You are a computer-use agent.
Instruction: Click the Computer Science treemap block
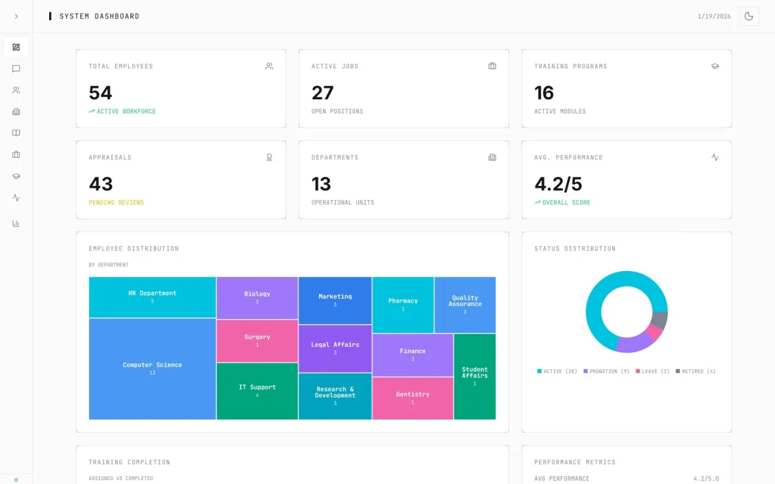pos(152,368)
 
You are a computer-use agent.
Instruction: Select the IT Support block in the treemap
pos(257,391)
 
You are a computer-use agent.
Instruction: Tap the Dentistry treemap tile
pos(413,398)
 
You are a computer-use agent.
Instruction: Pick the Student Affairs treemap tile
pos(475,376)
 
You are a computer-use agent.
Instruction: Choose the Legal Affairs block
pos(335,348)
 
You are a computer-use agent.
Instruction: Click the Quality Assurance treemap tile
pos(465,305)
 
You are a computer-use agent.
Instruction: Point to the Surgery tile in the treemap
pos(257,341)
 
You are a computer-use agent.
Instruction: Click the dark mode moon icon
pos(749,16)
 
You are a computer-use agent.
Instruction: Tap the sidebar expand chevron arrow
pos(16,16)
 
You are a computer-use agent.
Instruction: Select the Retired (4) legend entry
pos(696,371)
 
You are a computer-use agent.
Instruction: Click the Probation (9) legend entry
pos(606,371)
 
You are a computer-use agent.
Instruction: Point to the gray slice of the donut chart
pos(659,320)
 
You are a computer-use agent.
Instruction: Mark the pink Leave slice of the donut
pos(654,332)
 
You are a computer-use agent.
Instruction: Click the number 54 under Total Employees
pos(100,93)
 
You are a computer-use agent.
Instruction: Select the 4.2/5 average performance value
pos(558,184)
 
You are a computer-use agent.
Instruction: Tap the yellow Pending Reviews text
pos(116,203)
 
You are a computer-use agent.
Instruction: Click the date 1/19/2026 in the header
pos(714,16)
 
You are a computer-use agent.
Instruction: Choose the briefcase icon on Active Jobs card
pos(492,66)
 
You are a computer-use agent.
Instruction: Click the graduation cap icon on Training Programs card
pos(715,66)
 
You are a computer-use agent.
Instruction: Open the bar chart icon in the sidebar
pos(16,223)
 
